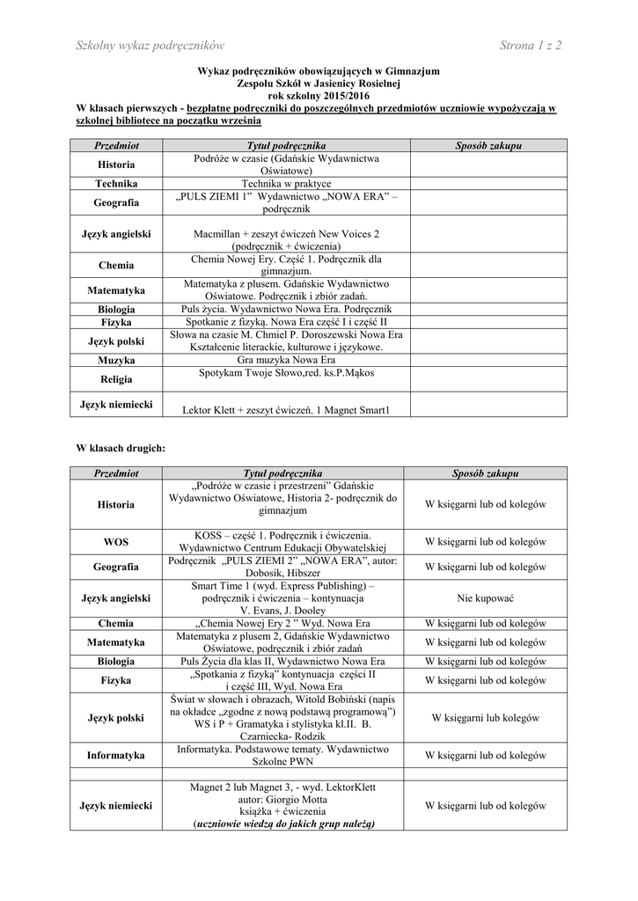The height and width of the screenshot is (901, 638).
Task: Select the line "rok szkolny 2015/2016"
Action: click(x=319, y=96)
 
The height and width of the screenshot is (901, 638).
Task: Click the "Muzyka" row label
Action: click(x=116, y=361)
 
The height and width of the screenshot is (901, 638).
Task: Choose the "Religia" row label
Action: click(x=116, y=379)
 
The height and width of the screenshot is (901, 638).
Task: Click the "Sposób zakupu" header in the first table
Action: click(x=488, y=144)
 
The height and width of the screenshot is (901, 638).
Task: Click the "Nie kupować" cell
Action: click(x=487, y=598)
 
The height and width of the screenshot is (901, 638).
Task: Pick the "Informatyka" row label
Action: click(x=116, y=755)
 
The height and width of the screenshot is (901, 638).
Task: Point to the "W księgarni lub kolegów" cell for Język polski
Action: click(x=487, y=717)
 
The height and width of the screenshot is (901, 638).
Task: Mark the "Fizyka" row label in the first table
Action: click(x=116, y=322)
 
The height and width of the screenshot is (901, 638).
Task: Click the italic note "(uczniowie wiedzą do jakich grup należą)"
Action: click(x=286, y=824)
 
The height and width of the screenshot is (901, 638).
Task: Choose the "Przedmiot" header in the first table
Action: click(x=116, y=144)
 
